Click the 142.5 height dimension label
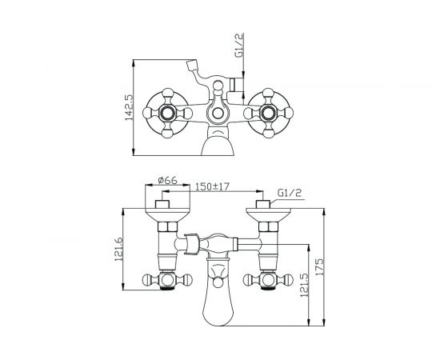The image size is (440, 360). point(129,107)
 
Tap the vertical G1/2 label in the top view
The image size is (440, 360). point(239,45)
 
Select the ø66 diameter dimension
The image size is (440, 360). point(167,181)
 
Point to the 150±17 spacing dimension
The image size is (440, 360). point(213,186)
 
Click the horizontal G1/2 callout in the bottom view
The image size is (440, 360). point(289,193)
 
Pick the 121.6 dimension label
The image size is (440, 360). point(118,249)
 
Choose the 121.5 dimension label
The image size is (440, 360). point(304,285)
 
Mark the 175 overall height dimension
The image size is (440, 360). point(320,267)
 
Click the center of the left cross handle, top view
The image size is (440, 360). point(167,113)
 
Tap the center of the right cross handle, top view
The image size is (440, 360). point(268,113)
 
